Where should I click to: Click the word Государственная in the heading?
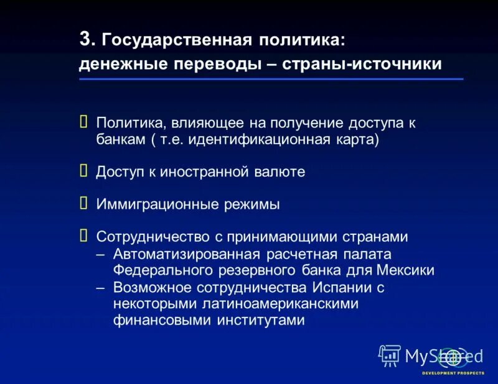(176, 41)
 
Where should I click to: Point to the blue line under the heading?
(271, 80)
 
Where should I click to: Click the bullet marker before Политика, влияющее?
(83, 122)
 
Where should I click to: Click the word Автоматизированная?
(189, 254)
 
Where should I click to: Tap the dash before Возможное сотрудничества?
(101, 287)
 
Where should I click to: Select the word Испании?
(339, 288)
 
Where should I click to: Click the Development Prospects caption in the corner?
(453, 373)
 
